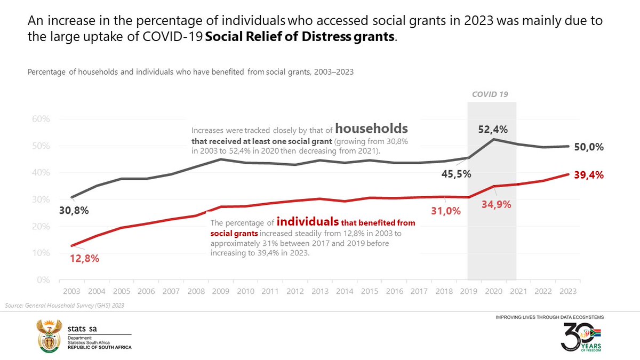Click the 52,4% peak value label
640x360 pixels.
[x=493, y=129]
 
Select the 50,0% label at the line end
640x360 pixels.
[x=589, y=147]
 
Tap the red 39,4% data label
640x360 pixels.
[x=589, y=174]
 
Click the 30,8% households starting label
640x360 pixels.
[x=74, y=210]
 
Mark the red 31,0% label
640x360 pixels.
[x=445, y=211]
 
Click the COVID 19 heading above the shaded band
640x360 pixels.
[x=490, y=94]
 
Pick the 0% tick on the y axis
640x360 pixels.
[x=43, y=280]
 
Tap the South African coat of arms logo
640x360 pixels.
[x=47, y=335]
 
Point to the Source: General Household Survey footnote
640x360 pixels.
[x=64, y=305]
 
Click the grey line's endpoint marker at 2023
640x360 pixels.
[x=568, y=146]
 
